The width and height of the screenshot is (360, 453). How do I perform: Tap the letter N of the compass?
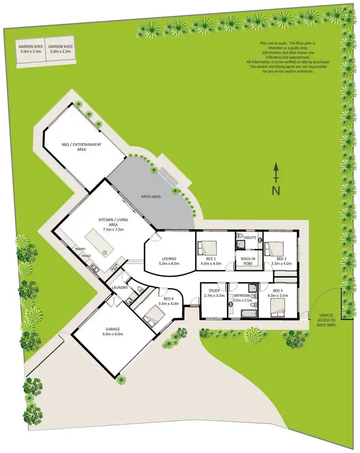276,190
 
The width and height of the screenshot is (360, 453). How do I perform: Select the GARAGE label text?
111,329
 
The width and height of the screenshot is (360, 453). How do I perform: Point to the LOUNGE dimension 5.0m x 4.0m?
168,263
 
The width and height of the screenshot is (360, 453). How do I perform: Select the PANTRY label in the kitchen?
80,249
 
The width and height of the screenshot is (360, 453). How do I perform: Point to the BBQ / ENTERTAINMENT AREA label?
81,147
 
